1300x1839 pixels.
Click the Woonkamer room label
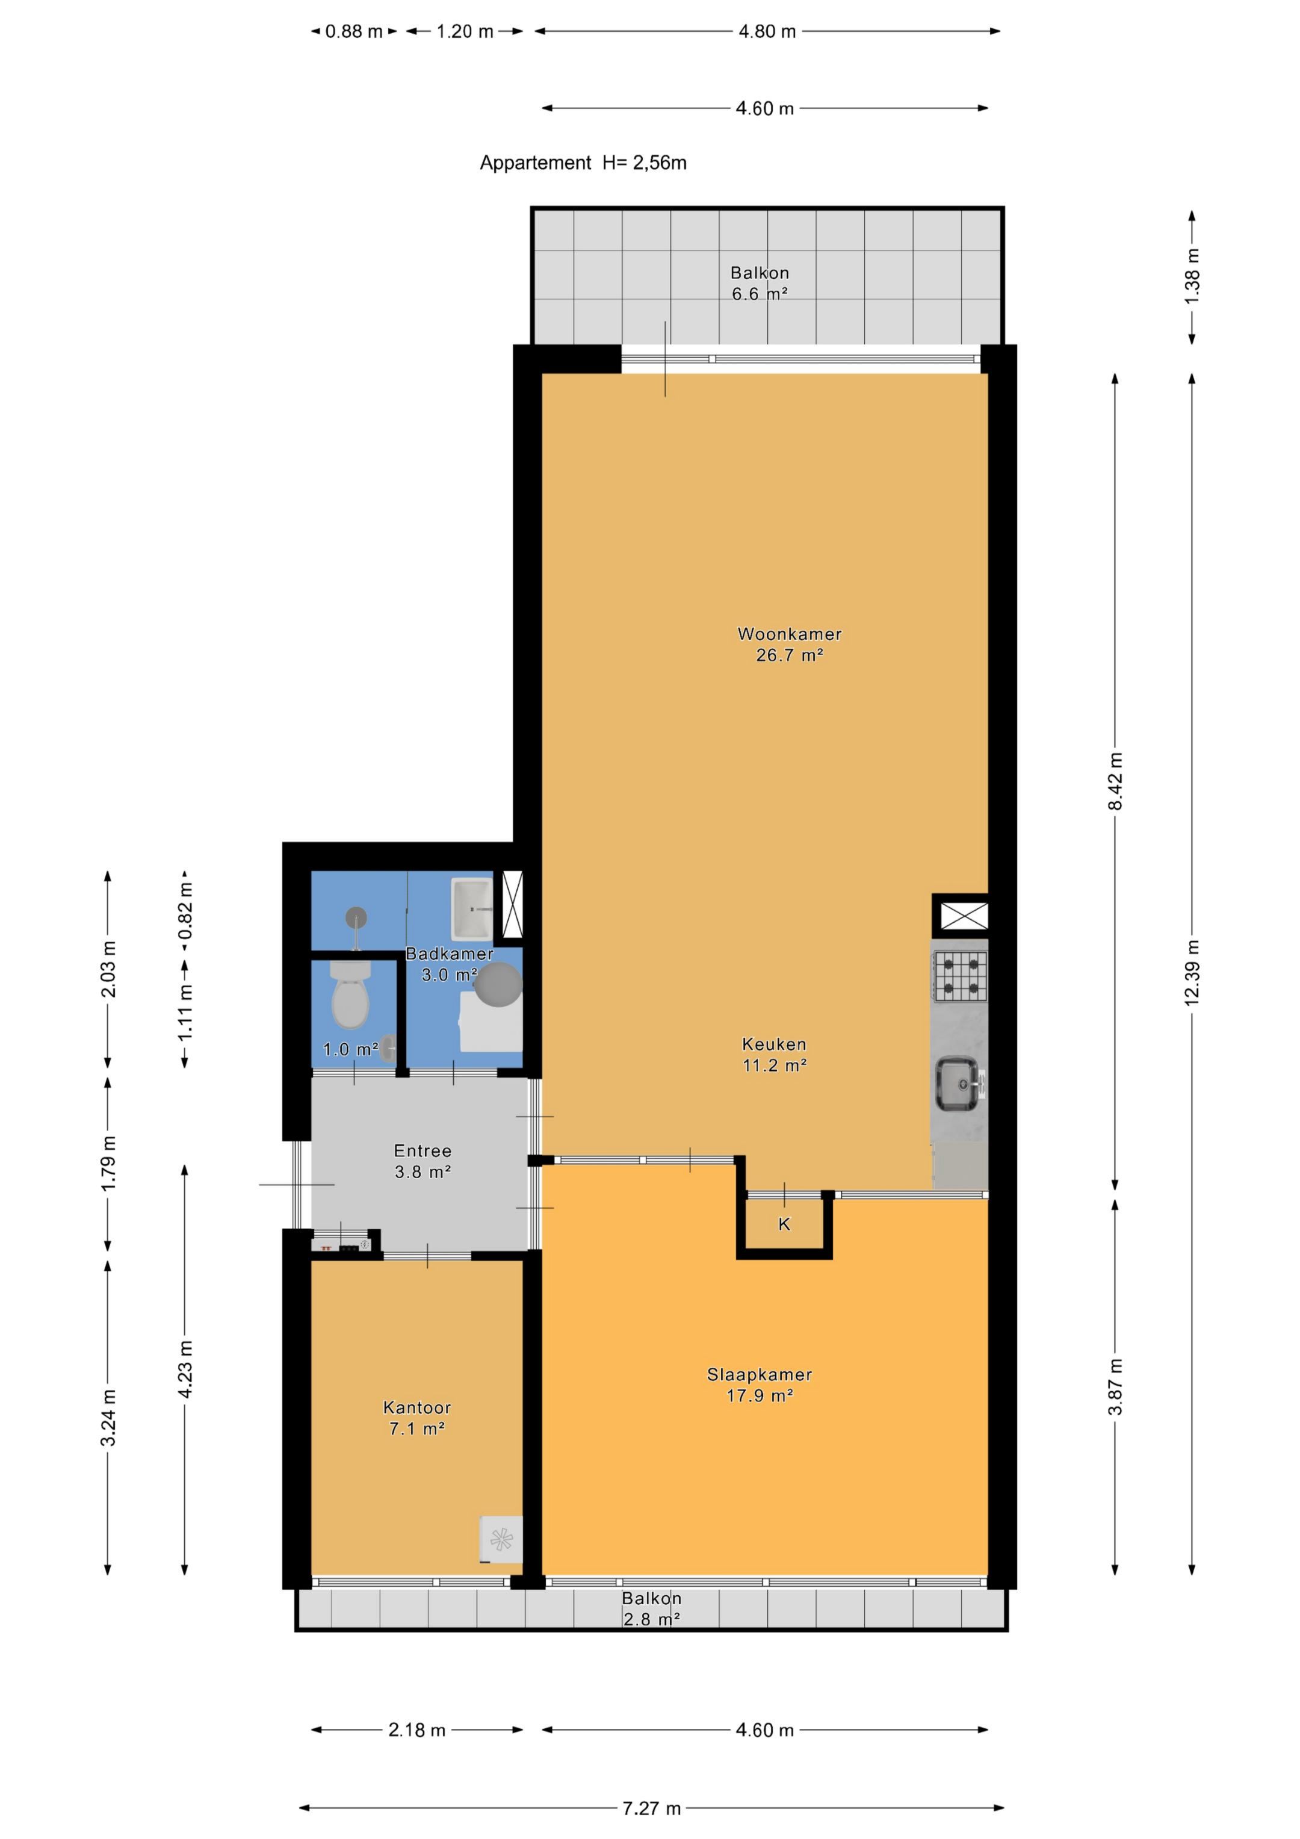pyautogui.click(x=789, y=644)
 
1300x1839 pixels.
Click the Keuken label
pyautogui.click(x=774, y=1054)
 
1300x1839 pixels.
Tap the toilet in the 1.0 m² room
pyautogui.click(x=350, y=995)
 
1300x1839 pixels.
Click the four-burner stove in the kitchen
pyautogui.click(x=959, y=976)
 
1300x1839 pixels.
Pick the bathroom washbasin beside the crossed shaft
pyautogui.click(x=472, y=909)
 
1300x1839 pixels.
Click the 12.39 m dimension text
pyautogui.click(x=1192, y=972)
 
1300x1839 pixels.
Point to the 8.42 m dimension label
pyautogui.click(x=1115, y=781)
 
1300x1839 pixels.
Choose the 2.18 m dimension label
pyautogui.click(x=416, y=1729)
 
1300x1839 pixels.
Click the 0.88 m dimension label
pyautogui.click(x=353, y=31)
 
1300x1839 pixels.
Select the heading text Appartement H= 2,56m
pyautogui.click(x=583, y=163)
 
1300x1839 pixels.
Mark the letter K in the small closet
pyautogui.click(x=784, y=1224)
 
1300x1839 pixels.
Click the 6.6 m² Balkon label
pyautogui.click(x=760, y=284)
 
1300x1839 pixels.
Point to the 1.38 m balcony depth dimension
pyautogui.click(x=1192, y=276)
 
